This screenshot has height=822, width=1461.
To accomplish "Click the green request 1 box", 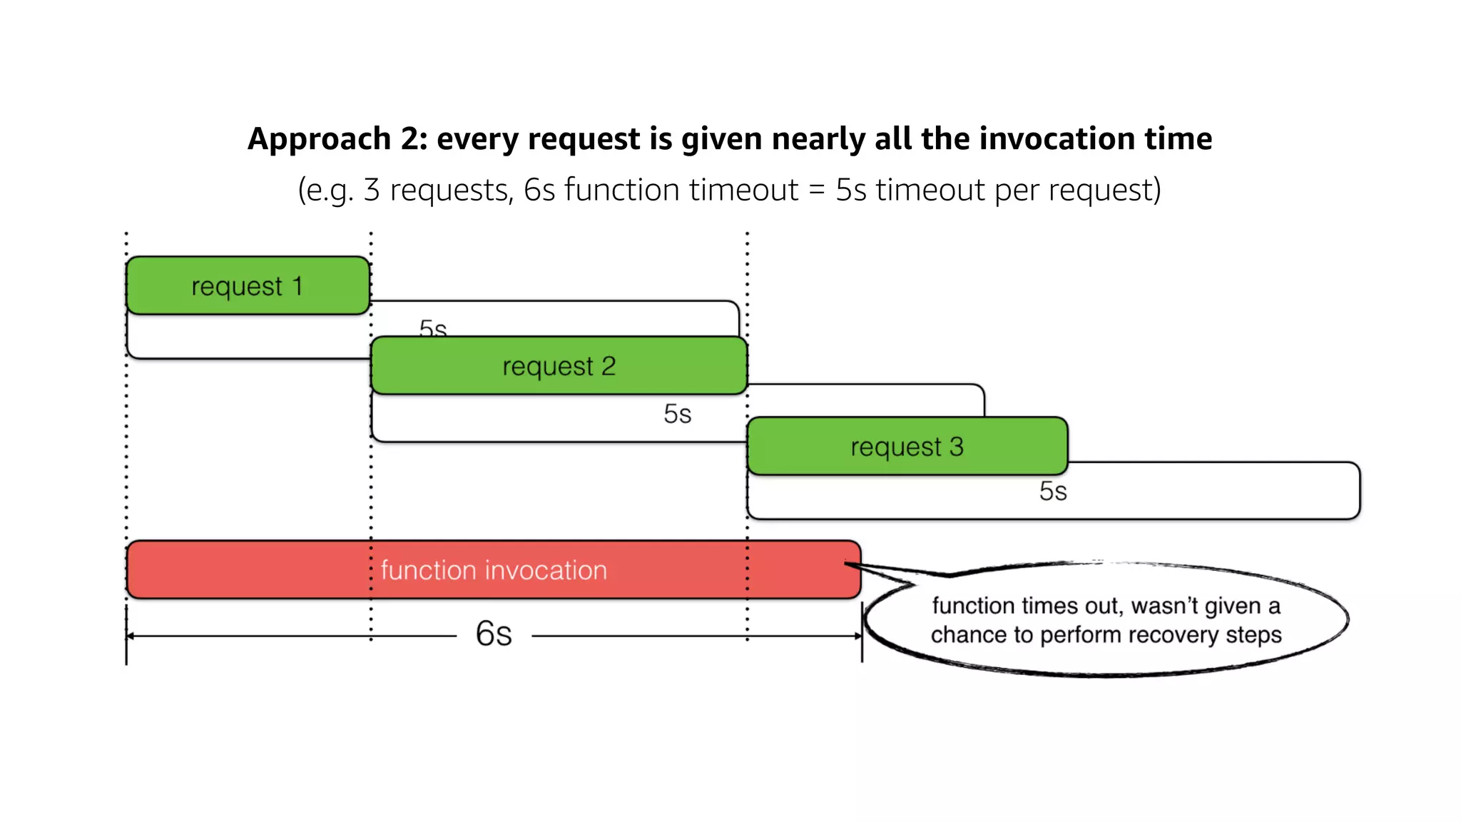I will point(248,285).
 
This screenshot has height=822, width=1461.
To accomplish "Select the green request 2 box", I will point(559,365).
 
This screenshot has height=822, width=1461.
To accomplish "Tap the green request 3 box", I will point(907,447).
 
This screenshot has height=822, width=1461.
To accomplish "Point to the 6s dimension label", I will point(494,634).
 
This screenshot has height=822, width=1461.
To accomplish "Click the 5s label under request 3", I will point(1053,492).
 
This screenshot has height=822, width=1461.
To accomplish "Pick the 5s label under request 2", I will point(677,414).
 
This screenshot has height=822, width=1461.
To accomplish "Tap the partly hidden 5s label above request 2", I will point(433,328).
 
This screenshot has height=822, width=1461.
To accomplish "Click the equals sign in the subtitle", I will point(817,191).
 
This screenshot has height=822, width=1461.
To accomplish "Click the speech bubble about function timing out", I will point(1106,619).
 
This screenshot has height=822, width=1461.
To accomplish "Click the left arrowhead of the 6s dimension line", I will point(131,636).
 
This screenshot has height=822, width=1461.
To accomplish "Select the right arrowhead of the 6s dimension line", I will point(858,636).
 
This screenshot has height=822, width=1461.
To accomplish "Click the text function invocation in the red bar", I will point(494,570).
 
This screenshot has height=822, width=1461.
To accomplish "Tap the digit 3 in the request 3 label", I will point(956,447).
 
